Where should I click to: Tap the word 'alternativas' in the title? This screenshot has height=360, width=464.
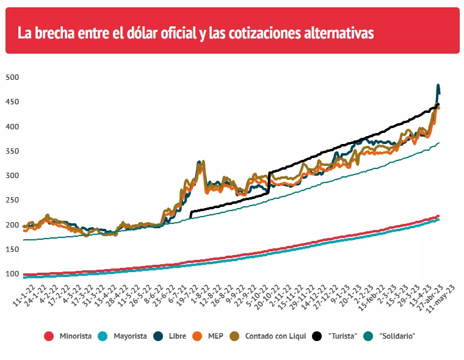[x=338, y=32]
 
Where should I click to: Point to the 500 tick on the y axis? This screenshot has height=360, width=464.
[x=12, y=77]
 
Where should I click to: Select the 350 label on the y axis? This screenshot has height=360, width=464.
[x=12, y=151]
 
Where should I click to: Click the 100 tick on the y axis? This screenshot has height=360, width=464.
[x=12, y=273]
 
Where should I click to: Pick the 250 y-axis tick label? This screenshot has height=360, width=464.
[x=12, y=200]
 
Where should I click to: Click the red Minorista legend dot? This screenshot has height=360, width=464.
[x=49, y=336]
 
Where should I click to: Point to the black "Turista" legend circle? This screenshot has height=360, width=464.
[x=317, y=336]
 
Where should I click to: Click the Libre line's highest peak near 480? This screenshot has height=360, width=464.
[x=438, y=86]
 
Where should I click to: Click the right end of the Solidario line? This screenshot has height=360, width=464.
[x=438, y=143]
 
